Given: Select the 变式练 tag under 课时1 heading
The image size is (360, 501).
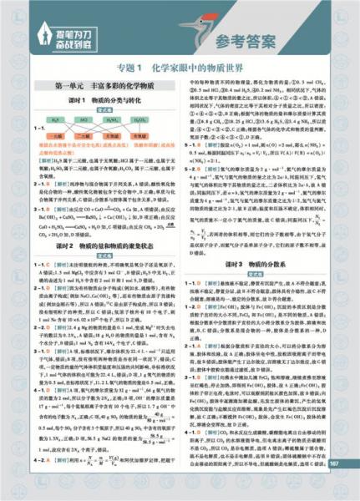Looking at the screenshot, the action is coord(106,109).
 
